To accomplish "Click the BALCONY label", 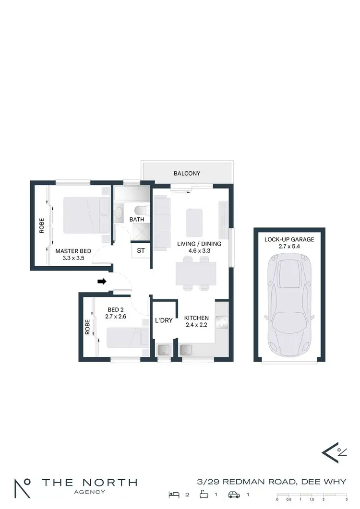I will click(x=187, y=173).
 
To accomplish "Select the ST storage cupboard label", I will click(x=141, y=250).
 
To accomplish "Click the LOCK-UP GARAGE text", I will click(x=289, y=239).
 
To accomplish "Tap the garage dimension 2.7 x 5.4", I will click(x=289, y=247).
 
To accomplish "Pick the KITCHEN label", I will click(x=196, y=318).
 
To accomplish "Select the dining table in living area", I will click(x=196, y=273).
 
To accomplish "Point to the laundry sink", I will click(x=164, y=350).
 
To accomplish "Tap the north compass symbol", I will click(x=334, y=452).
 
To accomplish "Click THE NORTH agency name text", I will click(x=89, y=482).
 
